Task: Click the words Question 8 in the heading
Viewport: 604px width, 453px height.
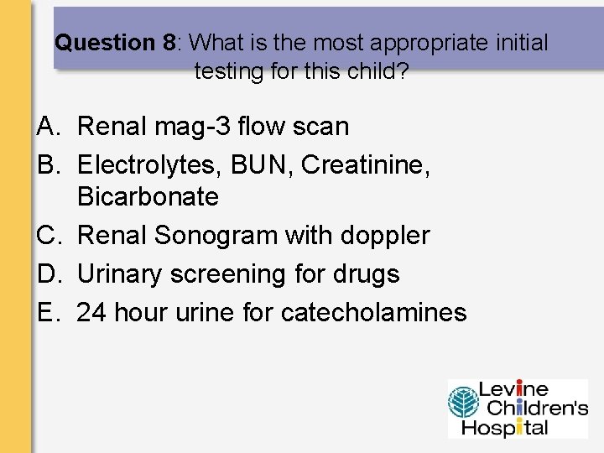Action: [x=116, y=43]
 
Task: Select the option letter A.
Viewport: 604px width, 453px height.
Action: [x=46, y=128]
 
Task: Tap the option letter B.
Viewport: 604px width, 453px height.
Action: [x=46, y=165]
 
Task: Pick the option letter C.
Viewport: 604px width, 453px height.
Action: [x=46, y=237]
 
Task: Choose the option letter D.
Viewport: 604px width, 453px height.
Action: [x=46, y=274]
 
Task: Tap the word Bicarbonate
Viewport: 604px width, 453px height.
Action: [x=148, y=198]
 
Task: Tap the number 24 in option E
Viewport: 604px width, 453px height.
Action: [x=91, y=313]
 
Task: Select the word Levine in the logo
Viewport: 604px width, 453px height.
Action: [x=513, y=390]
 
